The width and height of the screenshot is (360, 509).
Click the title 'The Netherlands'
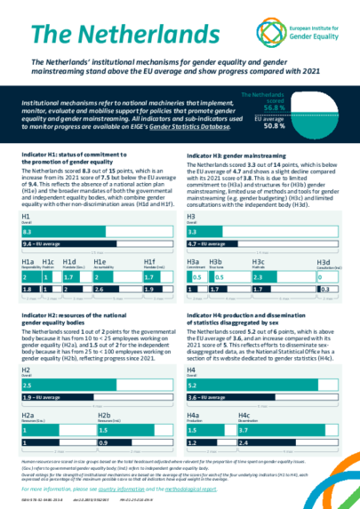[x=93, y=34]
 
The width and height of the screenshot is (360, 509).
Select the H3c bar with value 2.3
[x=267, y=278]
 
